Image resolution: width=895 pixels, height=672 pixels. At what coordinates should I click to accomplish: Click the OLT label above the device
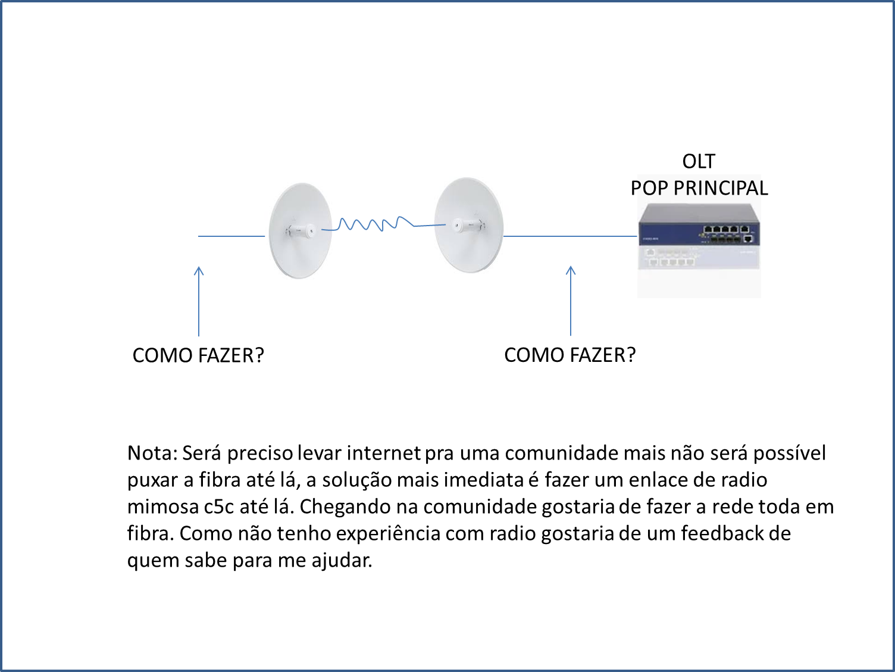point(699,161)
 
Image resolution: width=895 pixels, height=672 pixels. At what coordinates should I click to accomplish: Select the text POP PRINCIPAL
point(699,189)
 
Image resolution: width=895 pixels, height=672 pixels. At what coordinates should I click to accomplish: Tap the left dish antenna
point(300,231)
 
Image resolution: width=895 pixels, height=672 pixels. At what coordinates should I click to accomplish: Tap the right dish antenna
point(469,225)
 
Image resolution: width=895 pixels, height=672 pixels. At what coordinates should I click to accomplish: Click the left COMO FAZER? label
point(198,355)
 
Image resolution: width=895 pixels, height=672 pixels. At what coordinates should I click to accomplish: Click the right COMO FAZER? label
point(570,355)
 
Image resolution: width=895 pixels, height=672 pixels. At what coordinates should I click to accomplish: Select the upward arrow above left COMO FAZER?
point(199,301)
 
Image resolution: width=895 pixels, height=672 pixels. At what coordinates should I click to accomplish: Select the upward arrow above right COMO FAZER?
point(571,301)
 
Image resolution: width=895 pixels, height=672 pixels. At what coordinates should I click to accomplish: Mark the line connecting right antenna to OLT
point(570,236)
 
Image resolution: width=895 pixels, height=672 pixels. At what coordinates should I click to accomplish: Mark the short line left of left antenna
point(231,236)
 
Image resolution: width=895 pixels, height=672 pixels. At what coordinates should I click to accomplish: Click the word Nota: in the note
point(152,454)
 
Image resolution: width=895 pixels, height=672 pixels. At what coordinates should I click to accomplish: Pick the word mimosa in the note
point(162,507)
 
